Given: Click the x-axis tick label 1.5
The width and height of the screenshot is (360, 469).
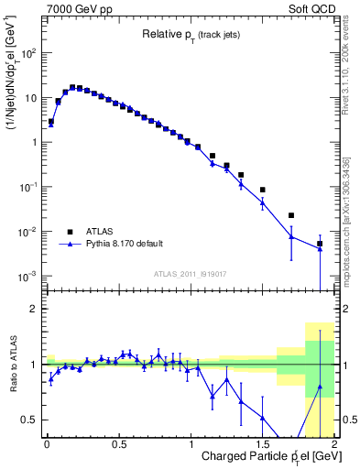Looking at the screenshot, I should tap(263, 443).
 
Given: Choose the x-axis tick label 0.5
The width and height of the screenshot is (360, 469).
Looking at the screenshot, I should tap(118, 443).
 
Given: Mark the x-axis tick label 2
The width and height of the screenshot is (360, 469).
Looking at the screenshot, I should tap(334, 443).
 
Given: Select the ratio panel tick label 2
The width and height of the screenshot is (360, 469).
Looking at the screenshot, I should tap(33, 309).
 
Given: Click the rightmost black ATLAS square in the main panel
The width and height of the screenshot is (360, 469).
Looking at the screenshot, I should tap(320, 244).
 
